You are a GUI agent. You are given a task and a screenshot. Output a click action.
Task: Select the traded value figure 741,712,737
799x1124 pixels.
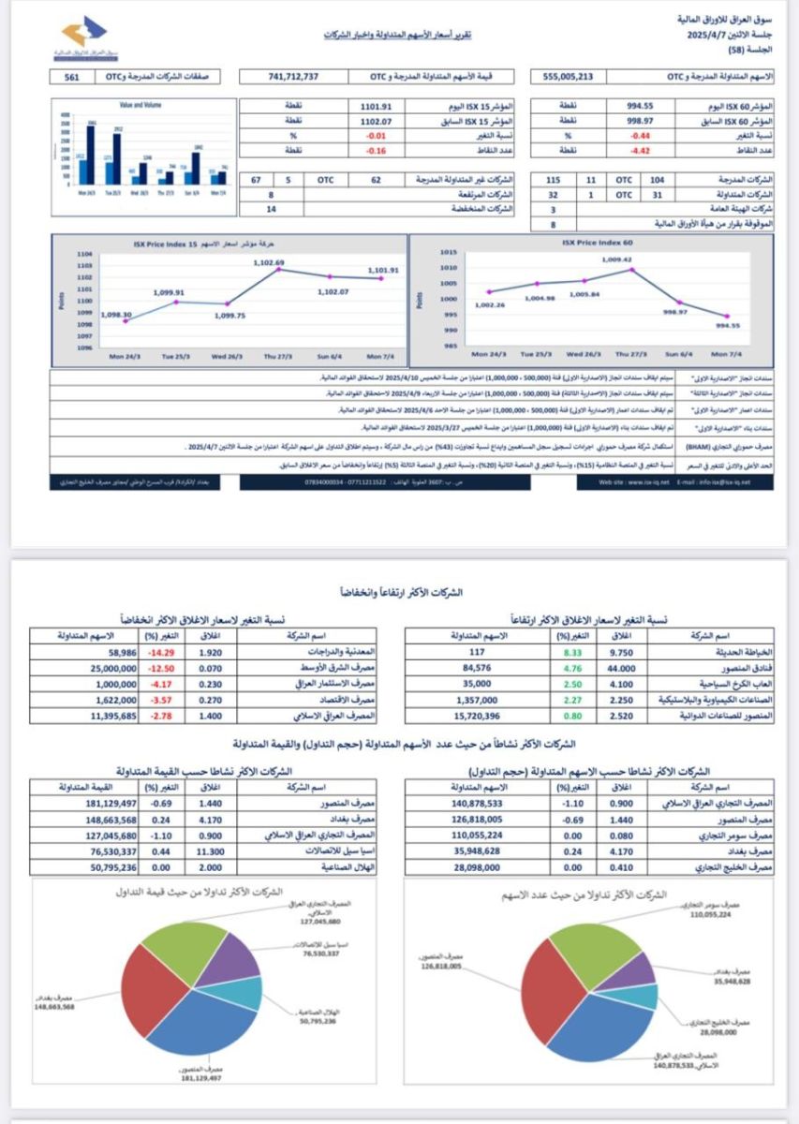pyautogui.click(x=292, y=76)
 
